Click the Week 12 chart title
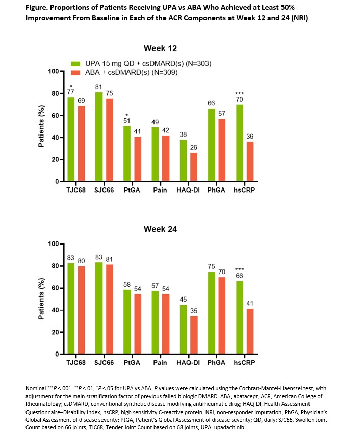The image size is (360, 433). click(x=161, y=48)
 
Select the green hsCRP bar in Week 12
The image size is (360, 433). click(x=240, y=143)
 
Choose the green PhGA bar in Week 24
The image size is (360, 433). click(x=212, y=313)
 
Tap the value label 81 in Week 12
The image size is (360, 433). click(x=99, y=87)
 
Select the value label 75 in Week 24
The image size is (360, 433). click(x=212, y=267)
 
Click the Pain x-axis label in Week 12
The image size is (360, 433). click(x=161, y=190)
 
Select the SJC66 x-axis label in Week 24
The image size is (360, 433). click(x=104, y=363)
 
